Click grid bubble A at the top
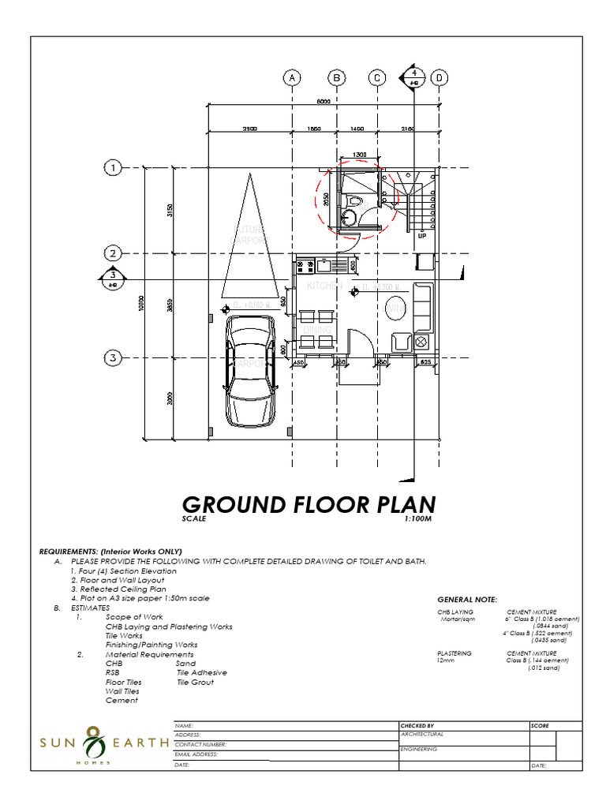(x=292, y=78)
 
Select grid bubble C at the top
(x=377, y=78)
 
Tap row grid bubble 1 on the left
(x=114, y=168)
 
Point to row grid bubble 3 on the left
(x=114, y=357)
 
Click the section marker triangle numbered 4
(x=413, y=77)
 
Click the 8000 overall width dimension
(x=324, y=101)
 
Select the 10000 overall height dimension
(x=141, y=304)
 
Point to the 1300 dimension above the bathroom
(x=360, y=155)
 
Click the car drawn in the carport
(x=251, y=371)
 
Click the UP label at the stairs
(x=421, y=235)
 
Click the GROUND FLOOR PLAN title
(x=309, y=504)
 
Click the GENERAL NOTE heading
(x=467, y=600)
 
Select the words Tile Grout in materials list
(x=195, y=682)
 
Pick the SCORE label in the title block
(x=541, y=725)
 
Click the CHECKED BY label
(x=417, y=725)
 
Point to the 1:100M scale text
(x=419, y=518)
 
